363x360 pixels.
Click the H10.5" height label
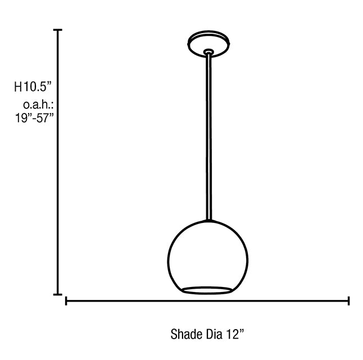click(33, 86)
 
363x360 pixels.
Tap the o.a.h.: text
click(38, 105)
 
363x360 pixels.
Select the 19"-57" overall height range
click(34, 118)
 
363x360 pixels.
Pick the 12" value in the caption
click(235, 334)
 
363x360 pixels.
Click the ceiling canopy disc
click(208, 44)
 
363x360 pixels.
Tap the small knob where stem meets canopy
click(208, 52)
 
